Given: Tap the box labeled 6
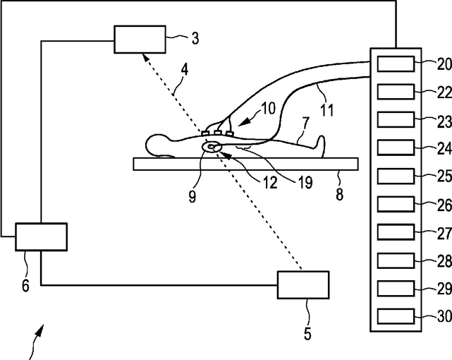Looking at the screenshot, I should point(41,236).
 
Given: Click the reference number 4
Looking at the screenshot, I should point(184,71).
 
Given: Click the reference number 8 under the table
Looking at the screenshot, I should point(339,193).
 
